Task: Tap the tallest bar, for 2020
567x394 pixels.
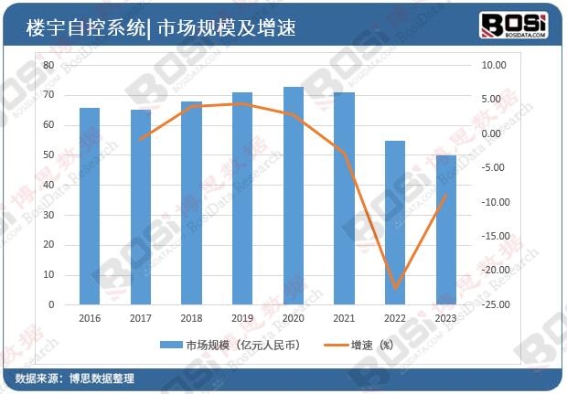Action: coord(293,196)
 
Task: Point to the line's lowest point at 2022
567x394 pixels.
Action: coord(394,289)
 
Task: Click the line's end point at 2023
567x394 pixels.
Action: coord(445,195)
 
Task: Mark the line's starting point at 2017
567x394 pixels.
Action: coord(140,140)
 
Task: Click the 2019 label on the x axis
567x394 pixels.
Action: coord(242,318)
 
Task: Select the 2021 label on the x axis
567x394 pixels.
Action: coord(344,318)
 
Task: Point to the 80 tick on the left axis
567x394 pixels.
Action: coord(48,66)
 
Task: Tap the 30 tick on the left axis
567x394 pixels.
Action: coord(48,215)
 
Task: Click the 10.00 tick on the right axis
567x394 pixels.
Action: coord(492,66)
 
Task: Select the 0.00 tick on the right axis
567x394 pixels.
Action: coord(492,134)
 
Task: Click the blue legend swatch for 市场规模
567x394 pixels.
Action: coord(171,346)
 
